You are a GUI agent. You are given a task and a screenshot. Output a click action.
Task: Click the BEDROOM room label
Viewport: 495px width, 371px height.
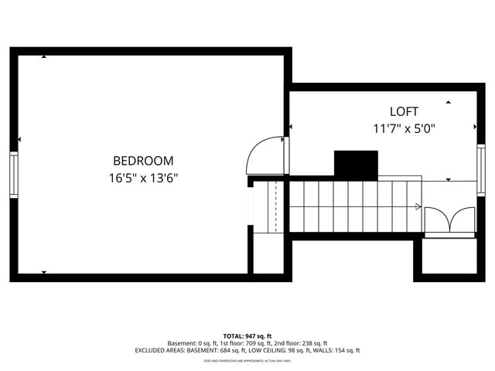(143, 161)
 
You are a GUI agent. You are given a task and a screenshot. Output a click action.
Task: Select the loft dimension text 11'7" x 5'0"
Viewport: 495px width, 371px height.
(404, 128)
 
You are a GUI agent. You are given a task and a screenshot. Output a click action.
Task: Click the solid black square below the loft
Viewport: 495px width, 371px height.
(355, 165)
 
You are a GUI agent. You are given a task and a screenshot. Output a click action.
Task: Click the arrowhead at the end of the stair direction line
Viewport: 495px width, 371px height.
(418, 206)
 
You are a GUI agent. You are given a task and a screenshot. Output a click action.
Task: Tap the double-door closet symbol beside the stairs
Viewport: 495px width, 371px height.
(449, 220)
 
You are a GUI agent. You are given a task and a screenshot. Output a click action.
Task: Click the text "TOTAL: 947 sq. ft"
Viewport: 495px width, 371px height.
(247, 336)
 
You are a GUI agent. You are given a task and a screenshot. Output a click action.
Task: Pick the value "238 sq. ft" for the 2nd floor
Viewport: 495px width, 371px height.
(312, 343)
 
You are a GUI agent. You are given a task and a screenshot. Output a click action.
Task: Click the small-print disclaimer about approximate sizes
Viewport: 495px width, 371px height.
(247, 361)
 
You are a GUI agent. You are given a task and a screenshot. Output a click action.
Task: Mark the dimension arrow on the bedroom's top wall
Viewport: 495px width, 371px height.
(44, 56)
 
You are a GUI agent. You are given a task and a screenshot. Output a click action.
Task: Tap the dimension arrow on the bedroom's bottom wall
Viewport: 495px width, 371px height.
(44, 272)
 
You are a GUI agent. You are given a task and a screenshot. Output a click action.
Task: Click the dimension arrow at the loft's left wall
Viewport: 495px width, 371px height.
(292, 128)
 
